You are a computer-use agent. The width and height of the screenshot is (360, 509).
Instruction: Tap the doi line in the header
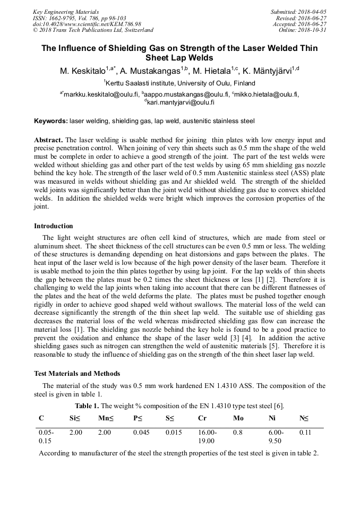tap(87, 24)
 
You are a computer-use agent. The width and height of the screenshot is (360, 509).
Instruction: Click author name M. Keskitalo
tap(83, 70)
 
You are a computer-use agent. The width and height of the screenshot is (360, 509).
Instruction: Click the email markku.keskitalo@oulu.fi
tap(101, 94)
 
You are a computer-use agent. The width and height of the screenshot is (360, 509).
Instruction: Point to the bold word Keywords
tap(50, 121)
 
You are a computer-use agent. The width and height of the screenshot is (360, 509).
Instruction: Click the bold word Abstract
tap(48, 140)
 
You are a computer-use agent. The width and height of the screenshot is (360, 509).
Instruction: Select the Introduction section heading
tap(54, 226)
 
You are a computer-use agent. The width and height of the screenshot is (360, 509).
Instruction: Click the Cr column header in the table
tap(202, 418)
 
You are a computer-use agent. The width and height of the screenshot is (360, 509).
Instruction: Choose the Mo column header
tap(238, 418)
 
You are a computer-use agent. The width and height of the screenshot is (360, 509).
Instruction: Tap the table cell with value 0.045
tap(141, 433)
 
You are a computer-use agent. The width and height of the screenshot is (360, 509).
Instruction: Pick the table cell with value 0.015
tap(174, 433)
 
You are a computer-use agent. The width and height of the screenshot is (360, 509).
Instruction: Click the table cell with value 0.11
tap(305, 433)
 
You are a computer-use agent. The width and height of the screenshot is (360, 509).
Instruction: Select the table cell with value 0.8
tap(237, 433)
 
